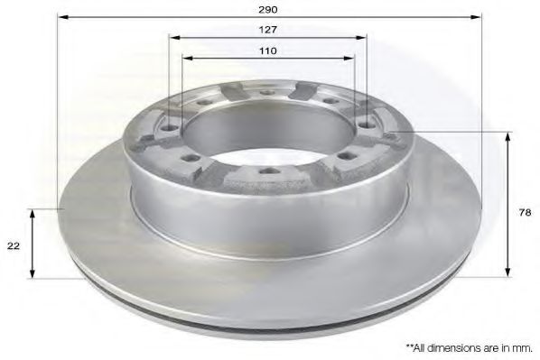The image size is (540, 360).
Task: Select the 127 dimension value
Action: coord(267,30)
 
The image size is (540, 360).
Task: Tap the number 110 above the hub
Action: coord(267,51)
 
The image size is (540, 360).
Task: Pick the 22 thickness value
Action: coord(14,244)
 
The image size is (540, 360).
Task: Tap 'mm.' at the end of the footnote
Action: coord(524,346)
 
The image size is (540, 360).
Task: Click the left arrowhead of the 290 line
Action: coord(63,18)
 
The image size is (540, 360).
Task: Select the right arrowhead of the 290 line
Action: coord(475,18)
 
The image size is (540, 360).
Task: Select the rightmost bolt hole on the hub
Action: coord(390,135)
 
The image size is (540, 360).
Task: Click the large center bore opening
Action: coord(267,126)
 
